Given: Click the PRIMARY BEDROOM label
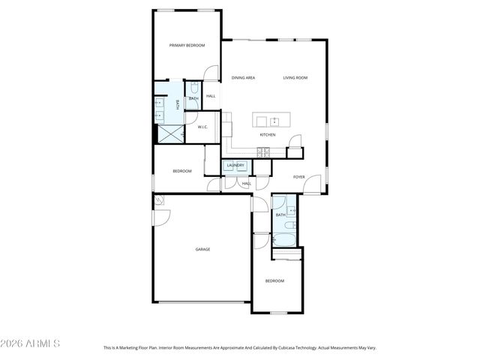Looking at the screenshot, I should click(x=187, y=46).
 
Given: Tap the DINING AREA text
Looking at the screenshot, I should click(x=243, y=78).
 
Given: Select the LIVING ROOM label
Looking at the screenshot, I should click(x=295, y=78).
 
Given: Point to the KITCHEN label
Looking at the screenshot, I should click(x=267, y=135).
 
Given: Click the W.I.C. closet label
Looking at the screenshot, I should click(x=202, y=127).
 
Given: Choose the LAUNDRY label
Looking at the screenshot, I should click(x=235, y=166).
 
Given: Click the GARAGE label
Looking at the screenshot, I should click(x=202, y=249).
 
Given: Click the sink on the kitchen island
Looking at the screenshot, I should click(x=274, y=121).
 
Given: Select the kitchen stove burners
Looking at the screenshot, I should click(x=263, y=151).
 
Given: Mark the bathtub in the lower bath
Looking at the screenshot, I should click(x=285, y=240).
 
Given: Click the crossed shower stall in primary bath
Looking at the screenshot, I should click(x=169, y=133).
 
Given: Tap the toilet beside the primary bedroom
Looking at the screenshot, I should click(x=193, y=87).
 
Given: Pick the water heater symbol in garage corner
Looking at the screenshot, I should click(x=158, y=200).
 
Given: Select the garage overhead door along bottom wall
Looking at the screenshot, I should click(x=202, y=302).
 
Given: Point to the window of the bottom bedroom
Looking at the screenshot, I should click(x=279, y=312).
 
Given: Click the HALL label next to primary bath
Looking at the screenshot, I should click(x=211, y=96).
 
